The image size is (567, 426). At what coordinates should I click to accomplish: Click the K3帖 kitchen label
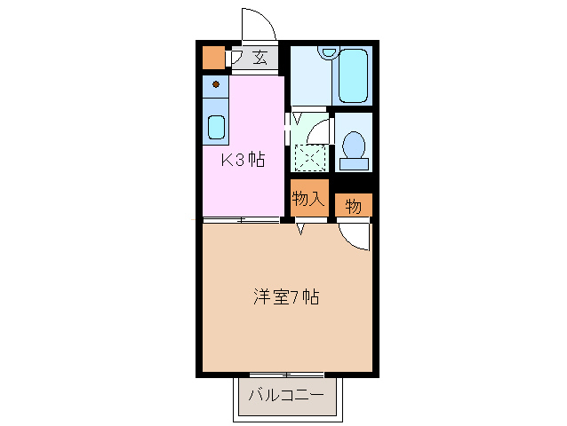[243, 160]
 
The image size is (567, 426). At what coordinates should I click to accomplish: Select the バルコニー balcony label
[285, 393]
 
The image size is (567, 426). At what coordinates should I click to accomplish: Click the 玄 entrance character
[260, 59]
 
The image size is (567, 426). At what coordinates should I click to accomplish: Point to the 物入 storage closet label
[307, 200]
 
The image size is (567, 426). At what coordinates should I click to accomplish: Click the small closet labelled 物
[353, 206]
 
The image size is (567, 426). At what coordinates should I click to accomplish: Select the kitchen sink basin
[216, 125]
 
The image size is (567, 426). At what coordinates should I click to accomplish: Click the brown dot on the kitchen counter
[215, 85]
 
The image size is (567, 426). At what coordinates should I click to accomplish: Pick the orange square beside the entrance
[213, 58]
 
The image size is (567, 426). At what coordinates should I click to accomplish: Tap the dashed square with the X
[310, 157]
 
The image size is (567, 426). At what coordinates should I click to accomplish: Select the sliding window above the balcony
[285, 374]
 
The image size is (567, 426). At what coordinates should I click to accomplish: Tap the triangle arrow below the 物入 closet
[301, 229]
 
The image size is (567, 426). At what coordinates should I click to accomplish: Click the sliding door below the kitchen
[242, 218]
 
